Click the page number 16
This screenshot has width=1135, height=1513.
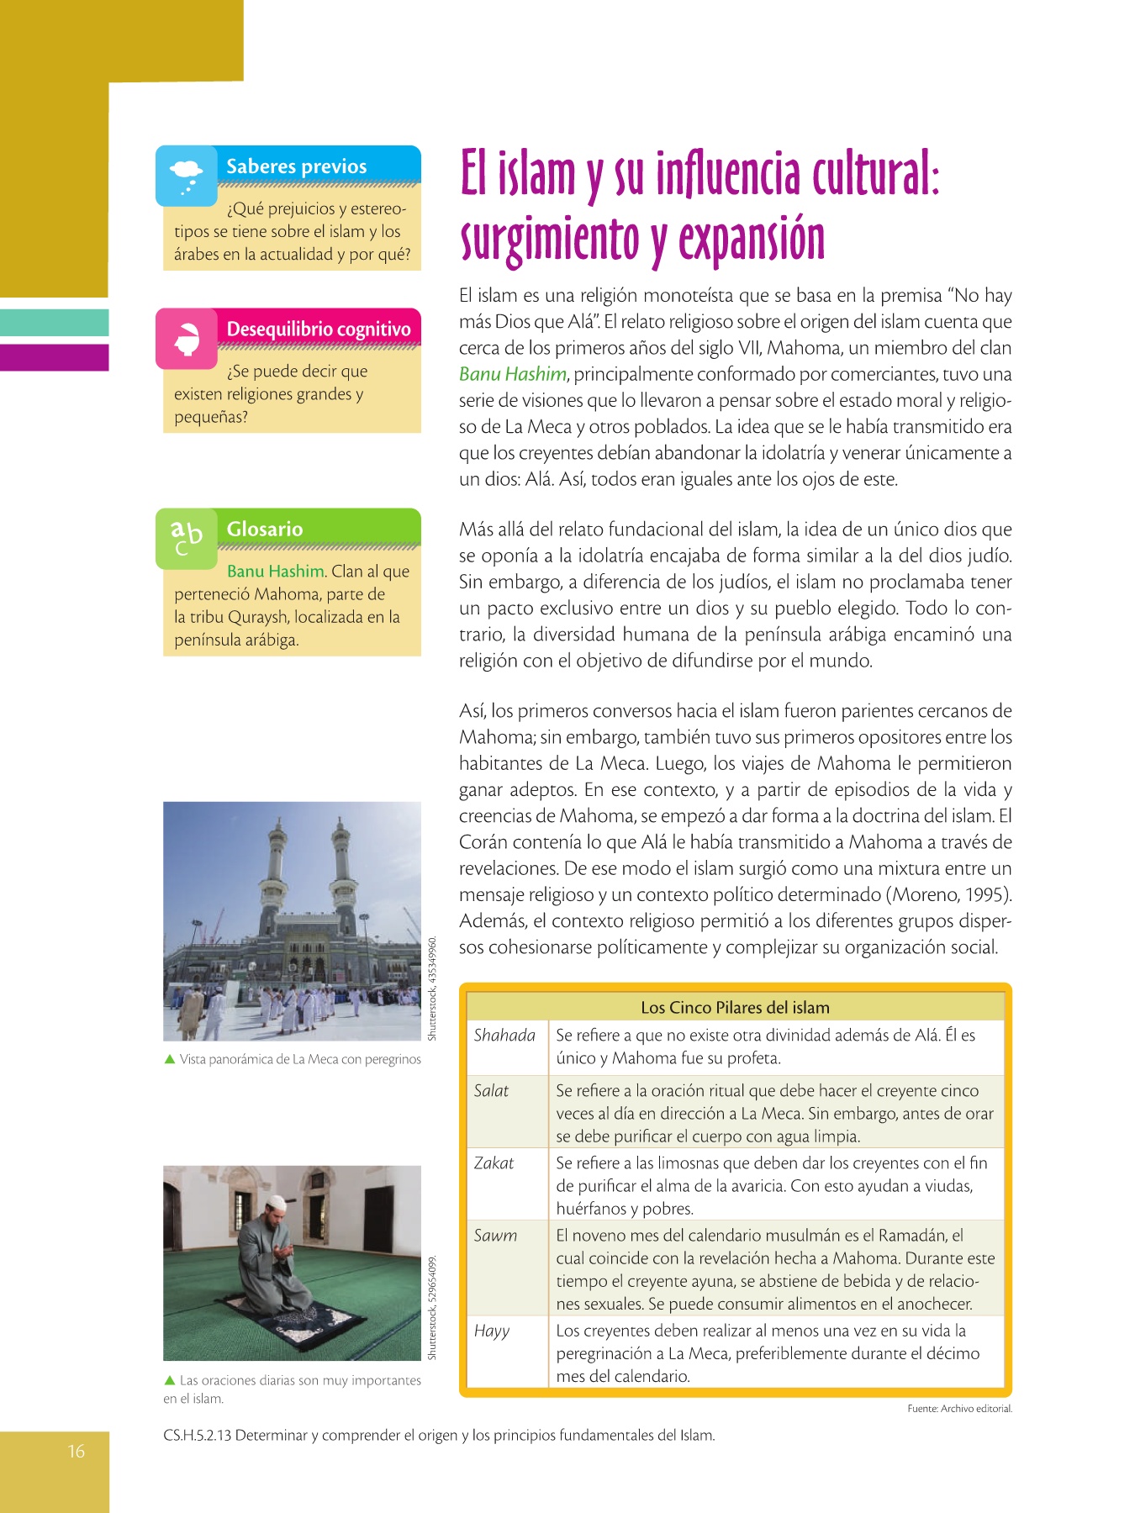(x=77, y=1451)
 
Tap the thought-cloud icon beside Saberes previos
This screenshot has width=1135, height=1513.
(x=186, y=175)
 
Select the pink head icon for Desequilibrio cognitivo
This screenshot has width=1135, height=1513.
(x=187, y=338)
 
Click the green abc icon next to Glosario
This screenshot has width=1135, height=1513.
(x=187, y=537)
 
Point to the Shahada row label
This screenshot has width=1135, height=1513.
(x=504, y=1036)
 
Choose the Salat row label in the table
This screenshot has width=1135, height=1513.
(x=491, y=1091)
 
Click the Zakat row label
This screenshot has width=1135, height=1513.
(x=494, y=1163)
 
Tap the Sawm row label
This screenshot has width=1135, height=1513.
(x=495, y=1236)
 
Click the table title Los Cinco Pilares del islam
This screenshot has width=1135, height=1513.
(x=735, y=1008)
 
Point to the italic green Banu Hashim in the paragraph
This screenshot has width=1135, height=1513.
(x=513, y=375)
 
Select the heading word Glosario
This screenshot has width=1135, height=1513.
(x=265, y=530)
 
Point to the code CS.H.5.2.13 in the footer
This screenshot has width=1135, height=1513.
(x=197, y=1436)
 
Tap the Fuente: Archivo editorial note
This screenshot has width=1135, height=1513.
(x=959, y=1409)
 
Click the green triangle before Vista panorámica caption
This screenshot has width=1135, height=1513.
(x=170, y=1059)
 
